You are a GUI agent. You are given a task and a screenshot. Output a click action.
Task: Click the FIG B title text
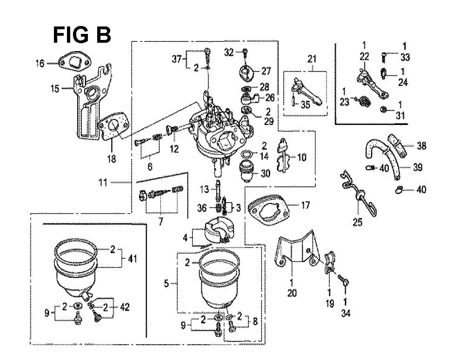[81, 35]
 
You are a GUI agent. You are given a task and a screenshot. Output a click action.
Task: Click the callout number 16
[41, 63]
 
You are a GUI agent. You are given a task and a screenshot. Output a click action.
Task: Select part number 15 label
[55, 88]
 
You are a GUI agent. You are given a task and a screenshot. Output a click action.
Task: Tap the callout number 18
[111, 159]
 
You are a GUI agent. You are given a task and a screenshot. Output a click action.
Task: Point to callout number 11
[103, 183]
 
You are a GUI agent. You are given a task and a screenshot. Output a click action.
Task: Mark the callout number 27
[266, 71]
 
